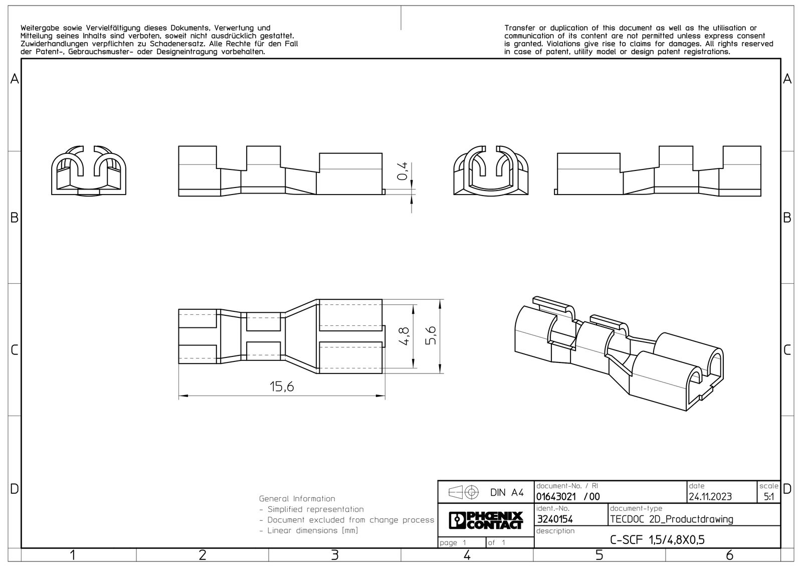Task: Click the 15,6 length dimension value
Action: click(x=282, y=387)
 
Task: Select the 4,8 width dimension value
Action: click(x=404, y=336)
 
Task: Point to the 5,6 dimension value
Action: click(x=431, y=335)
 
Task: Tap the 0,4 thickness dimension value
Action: click(x=403, y=171)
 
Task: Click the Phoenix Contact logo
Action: click(x=486, y=520)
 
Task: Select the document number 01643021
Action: click(x=556, y=497)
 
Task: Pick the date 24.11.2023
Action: click(x=710, y=497)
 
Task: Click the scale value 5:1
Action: click(x=769, y=497)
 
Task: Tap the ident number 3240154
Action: click(x=555, y=519)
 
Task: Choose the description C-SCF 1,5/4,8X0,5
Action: click(x=657, y=540)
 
